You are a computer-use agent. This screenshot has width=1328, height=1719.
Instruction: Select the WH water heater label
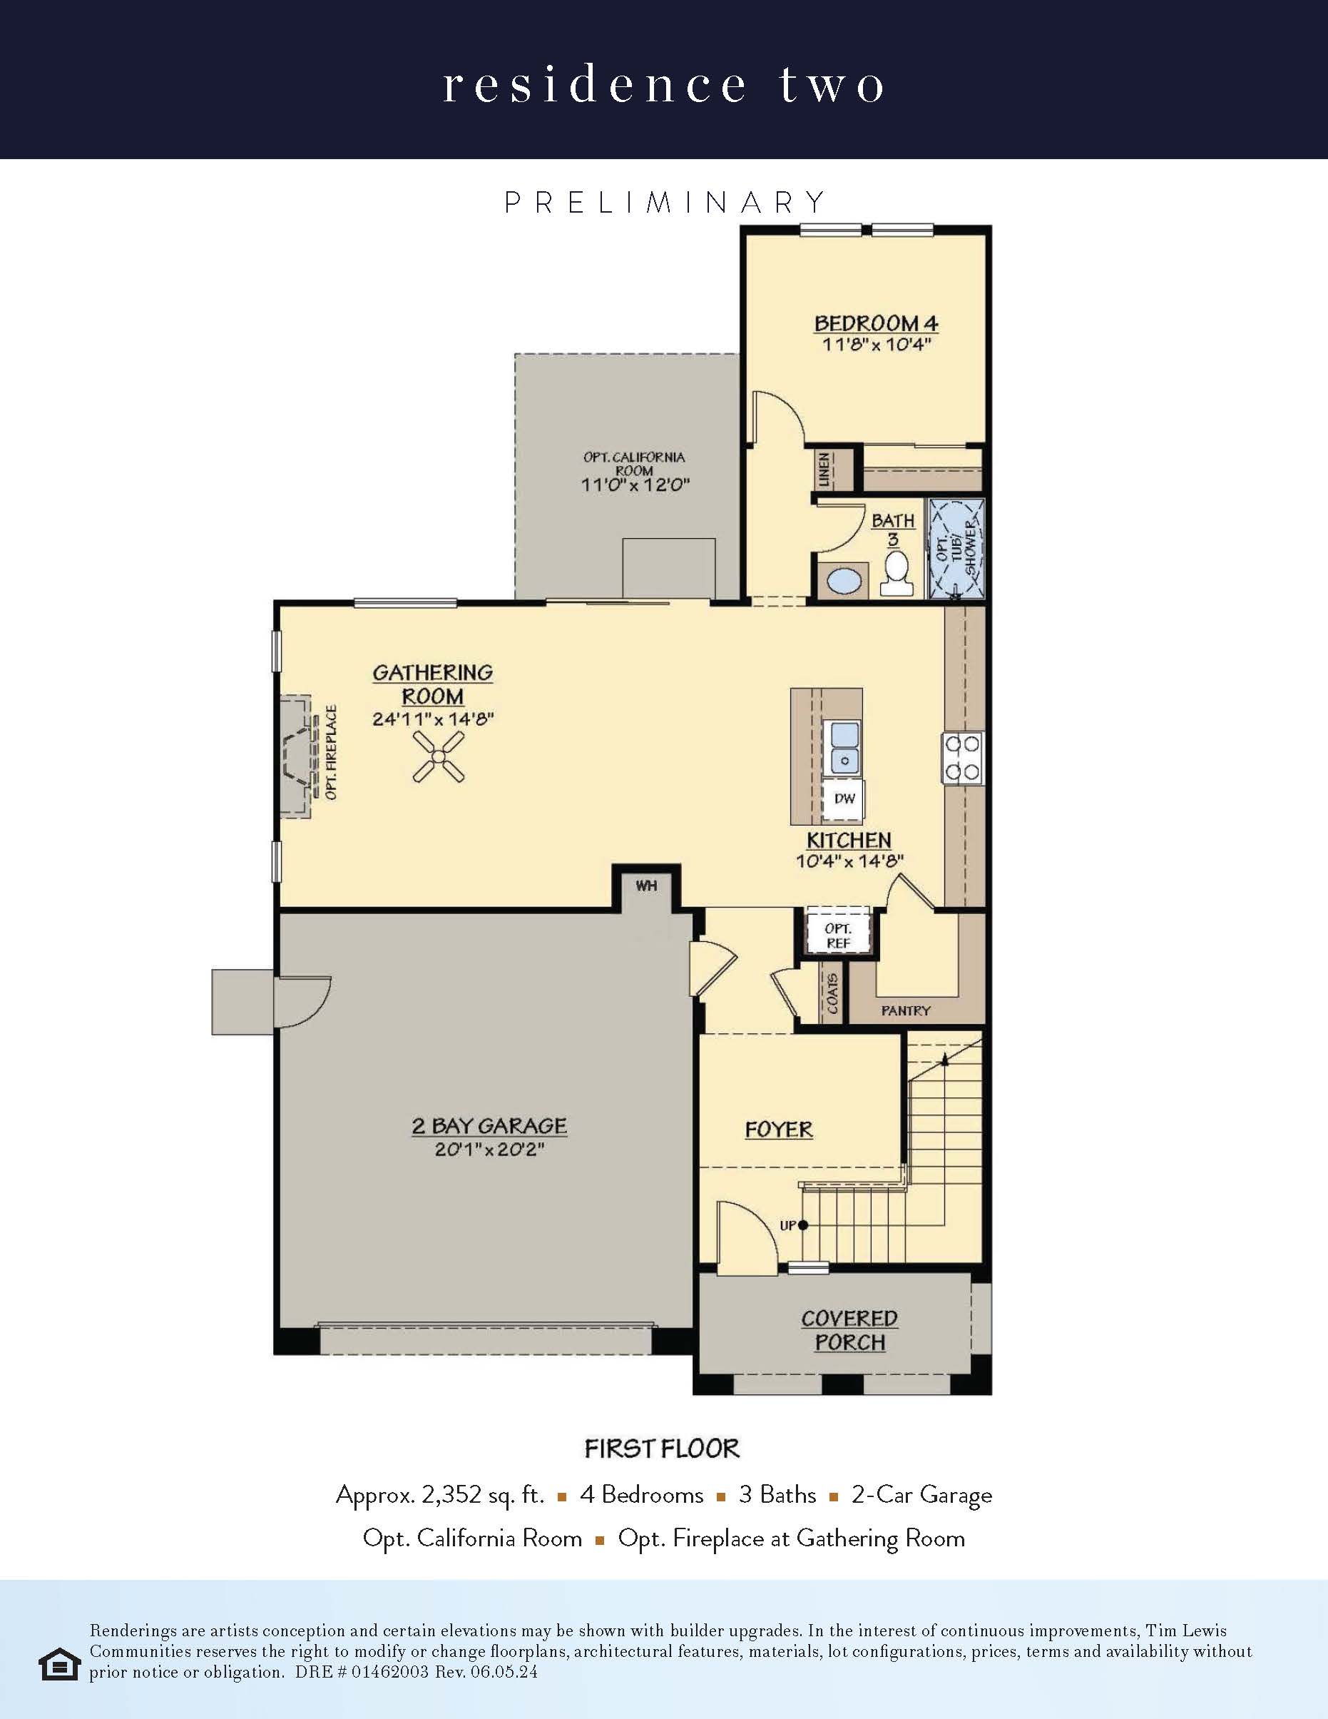coord(646,886)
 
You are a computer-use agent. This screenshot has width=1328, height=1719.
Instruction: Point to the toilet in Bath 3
coord(896,573)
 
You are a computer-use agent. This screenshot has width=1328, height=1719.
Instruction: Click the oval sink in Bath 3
coord(844,583)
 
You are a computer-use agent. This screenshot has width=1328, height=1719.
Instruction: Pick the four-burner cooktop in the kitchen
coord(963,758)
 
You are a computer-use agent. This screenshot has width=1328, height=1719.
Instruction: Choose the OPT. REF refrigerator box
coord(838,935)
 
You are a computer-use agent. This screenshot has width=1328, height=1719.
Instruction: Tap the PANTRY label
coord(906,1010)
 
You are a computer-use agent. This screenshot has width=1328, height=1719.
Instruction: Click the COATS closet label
coord(832,994)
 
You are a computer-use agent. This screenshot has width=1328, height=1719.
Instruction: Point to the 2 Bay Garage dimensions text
coord(489,1150)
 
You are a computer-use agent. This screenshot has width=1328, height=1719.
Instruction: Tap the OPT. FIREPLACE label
coord(331,752)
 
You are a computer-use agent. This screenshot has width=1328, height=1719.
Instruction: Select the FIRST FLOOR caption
coord(663,1449)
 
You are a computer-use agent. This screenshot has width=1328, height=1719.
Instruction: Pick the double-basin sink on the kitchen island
coord(842,747)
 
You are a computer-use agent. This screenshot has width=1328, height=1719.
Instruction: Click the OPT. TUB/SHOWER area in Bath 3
coord(956,549)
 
